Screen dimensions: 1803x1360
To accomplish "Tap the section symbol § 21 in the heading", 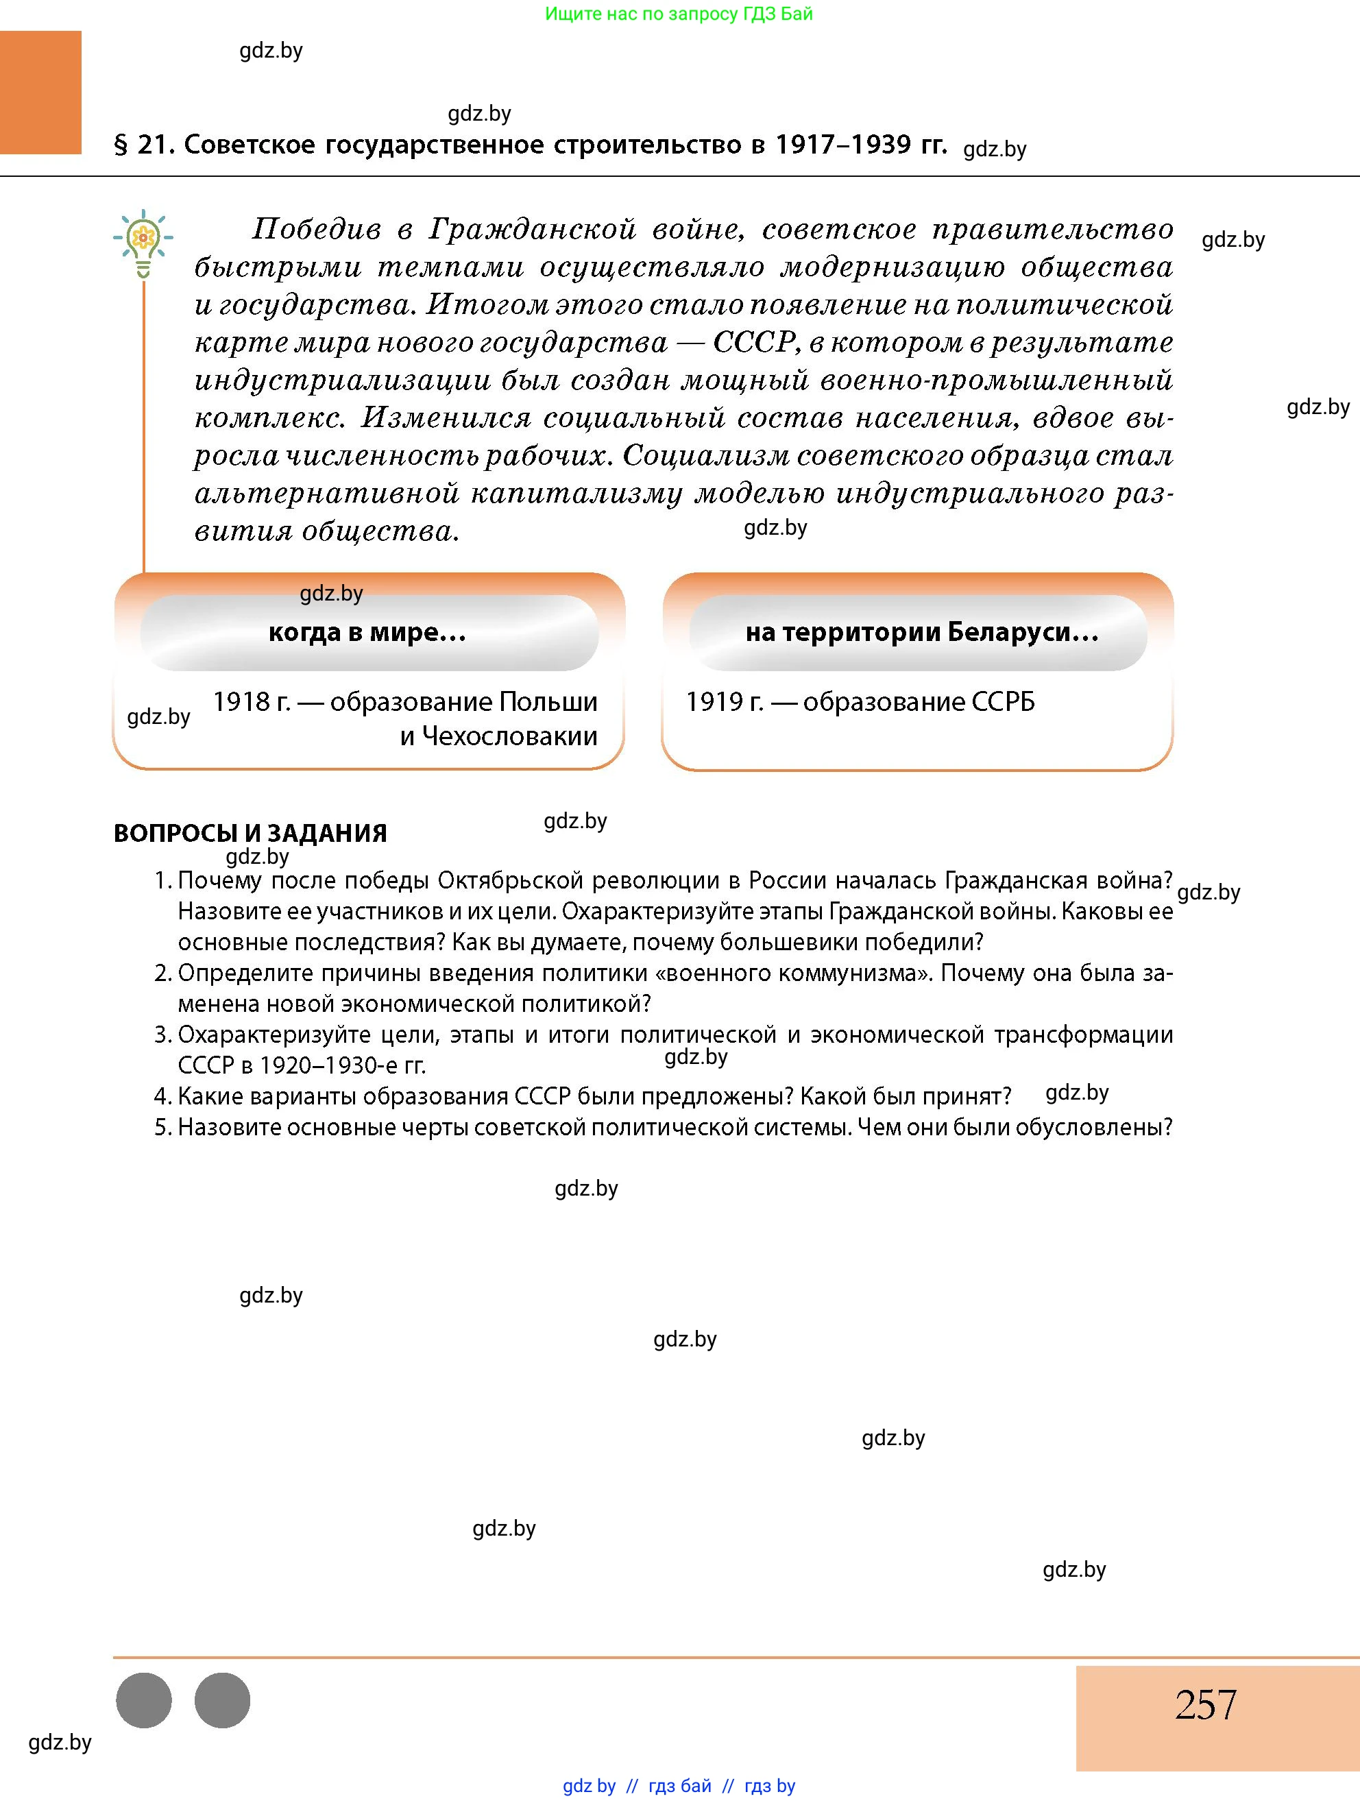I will click(121, 145).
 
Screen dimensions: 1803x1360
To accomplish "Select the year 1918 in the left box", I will click(242, 702).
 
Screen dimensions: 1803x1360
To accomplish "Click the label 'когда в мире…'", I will click(367, 633).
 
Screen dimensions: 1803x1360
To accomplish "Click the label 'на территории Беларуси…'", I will click(921, 633).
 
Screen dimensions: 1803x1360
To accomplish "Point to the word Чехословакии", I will click(499, 737).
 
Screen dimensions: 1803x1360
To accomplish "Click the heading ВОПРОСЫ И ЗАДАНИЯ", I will click(250, 833).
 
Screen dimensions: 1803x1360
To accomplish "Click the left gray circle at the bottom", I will click(144, 1700).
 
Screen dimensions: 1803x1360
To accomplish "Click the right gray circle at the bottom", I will click(223, 1700).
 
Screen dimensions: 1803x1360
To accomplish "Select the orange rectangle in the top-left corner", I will click(40, 92).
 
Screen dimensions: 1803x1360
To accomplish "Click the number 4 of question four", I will click(160, 1096).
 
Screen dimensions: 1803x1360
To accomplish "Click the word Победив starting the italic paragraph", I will click(316, 229).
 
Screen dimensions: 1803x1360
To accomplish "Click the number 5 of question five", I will click(160, 1127).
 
